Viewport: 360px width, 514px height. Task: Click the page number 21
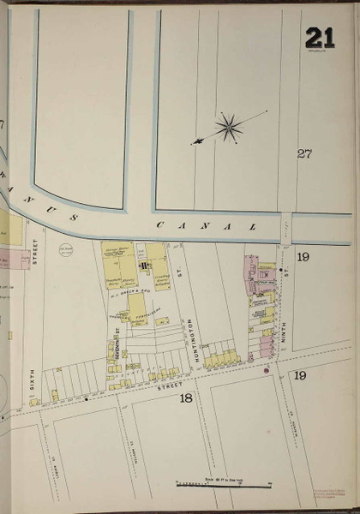[320, 38]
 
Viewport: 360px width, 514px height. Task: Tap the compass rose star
[229, 128]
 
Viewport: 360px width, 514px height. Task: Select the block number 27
[303, 153]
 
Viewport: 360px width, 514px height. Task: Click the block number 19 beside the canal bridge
[302, 256]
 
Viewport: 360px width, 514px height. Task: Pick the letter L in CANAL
[253, 227]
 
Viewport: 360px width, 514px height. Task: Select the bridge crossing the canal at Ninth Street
[286, 227]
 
